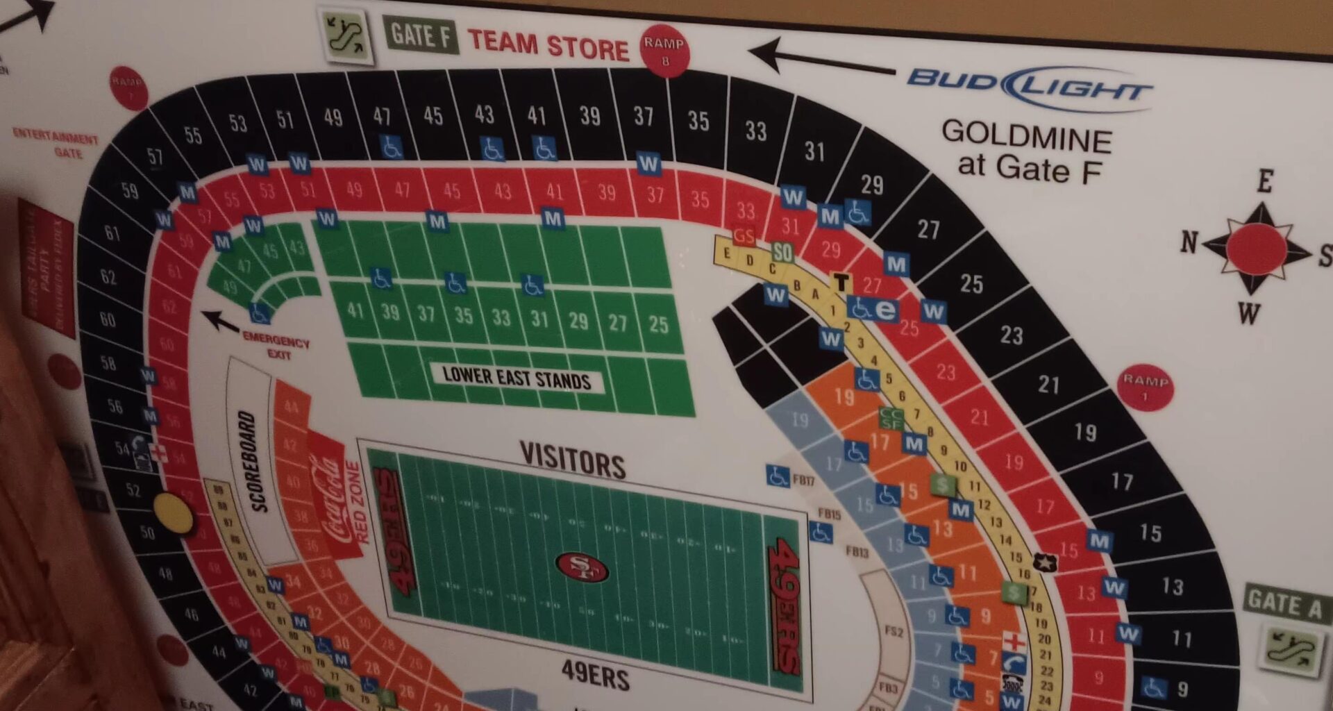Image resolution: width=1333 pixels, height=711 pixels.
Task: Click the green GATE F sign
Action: (420, 35)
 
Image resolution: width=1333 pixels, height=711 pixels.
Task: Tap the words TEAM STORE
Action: (548, 44)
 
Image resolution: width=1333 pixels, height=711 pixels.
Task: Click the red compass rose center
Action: (1255, 249)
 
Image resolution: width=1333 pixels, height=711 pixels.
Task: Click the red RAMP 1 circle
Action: (1145, 387)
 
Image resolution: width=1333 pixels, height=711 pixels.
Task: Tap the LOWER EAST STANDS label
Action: (517, 378)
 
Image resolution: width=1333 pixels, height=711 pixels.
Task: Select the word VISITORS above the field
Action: (573, 460)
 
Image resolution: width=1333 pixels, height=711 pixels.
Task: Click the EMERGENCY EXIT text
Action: (276, 346)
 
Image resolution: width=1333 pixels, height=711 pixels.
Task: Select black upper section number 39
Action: (589, 116)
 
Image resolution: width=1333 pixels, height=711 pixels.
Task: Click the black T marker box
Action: (841, 282)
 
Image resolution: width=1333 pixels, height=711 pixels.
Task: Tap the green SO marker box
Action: (782, 252)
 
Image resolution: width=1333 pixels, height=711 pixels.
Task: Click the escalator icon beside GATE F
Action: (346, 34)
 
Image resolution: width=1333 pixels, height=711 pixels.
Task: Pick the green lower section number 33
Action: (501, 317)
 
